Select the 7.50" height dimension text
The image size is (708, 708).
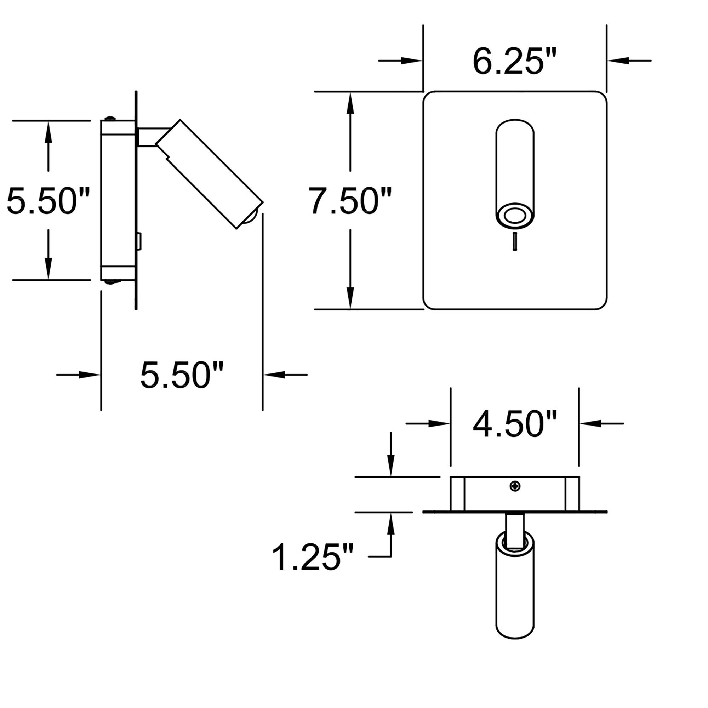tap(350, 200)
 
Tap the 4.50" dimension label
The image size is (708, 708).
tap(514, 424)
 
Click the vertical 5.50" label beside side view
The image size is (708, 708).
tap(48, 200)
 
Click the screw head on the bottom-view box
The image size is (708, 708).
tap(515, 486)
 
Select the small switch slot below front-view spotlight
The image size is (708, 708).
tap(515, 241)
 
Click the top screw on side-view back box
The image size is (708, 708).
tap(110, 118)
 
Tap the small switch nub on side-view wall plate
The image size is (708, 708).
tap(139, 241)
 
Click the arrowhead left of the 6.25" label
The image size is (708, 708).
tap(412, 61)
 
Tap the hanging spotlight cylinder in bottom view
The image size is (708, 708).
tap(515, 590)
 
